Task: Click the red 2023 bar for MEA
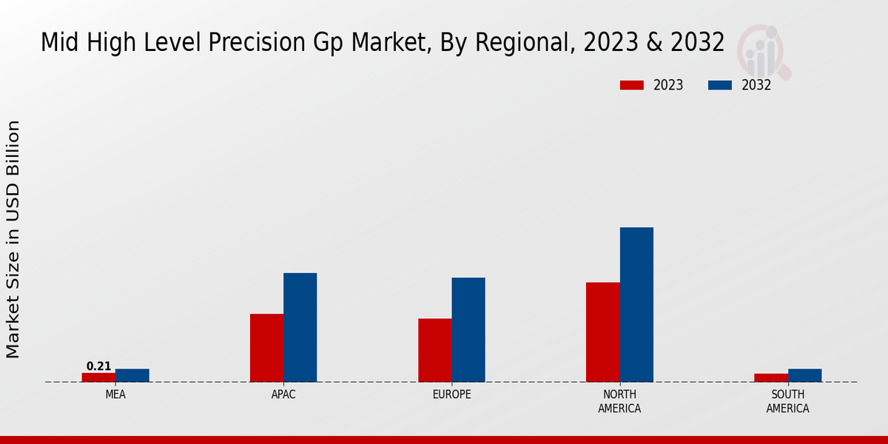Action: pyautogui.click(x=98, y=377)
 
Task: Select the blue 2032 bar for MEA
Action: pyautogui.click(x=132, y=375)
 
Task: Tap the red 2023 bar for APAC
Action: pyautogui.click(x=266, y=348)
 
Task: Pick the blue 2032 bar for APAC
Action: pyautogui.click(x=300, y=327)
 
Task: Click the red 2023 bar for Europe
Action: pyautogui.click(x=434, y=350)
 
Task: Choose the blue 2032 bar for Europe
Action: pyautogui.click(x=468, y=329)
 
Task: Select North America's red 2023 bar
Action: pyautogui.click(x=602, y=332)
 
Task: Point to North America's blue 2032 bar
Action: pyautogui.click(x=636, y=304)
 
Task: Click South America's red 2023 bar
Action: pyautogui.click(x=770, y=377)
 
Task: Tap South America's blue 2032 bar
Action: pyautogui.click(x=804, y=375)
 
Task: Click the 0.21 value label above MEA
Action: pyautogui.click(x=98, y=366)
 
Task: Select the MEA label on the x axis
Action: pyautogui.click(x=115, y=394)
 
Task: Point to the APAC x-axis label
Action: pyautogui.click(x=283, y=394)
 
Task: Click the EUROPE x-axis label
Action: pyautogui.click(x=451, y=394)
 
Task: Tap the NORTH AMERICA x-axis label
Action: pyautogui.click(x=619, y=401)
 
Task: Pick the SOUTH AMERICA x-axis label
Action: pyautogui.click(x=787, y=401)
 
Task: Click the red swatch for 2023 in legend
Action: pyautogui.click(x=631, y=85)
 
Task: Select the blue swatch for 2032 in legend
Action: pyautogui.click(x=719, y=85)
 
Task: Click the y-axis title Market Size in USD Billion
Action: pyautogui.click(x=13, y=239)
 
